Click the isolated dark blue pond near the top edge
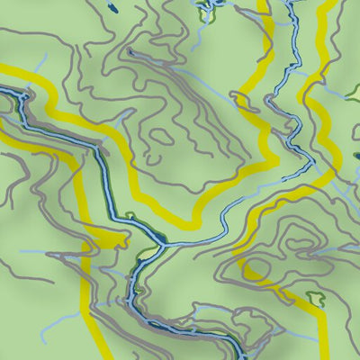click(x=112, y=8)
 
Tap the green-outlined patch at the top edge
click(x=203, y=11)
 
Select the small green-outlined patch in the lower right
click(x=315, y=297)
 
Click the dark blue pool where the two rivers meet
click(x=157, y=239)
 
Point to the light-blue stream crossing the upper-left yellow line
click(x=38, y=67)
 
